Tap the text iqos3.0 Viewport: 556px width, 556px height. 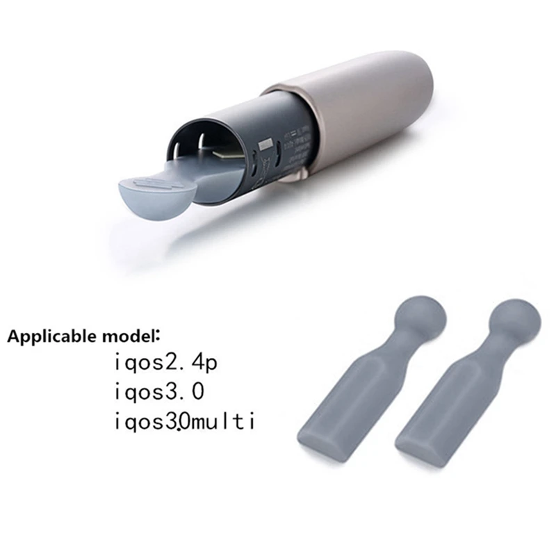point(159,392)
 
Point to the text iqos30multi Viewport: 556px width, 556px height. point(183,421)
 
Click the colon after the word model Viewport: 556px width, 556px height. point(156,338)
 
